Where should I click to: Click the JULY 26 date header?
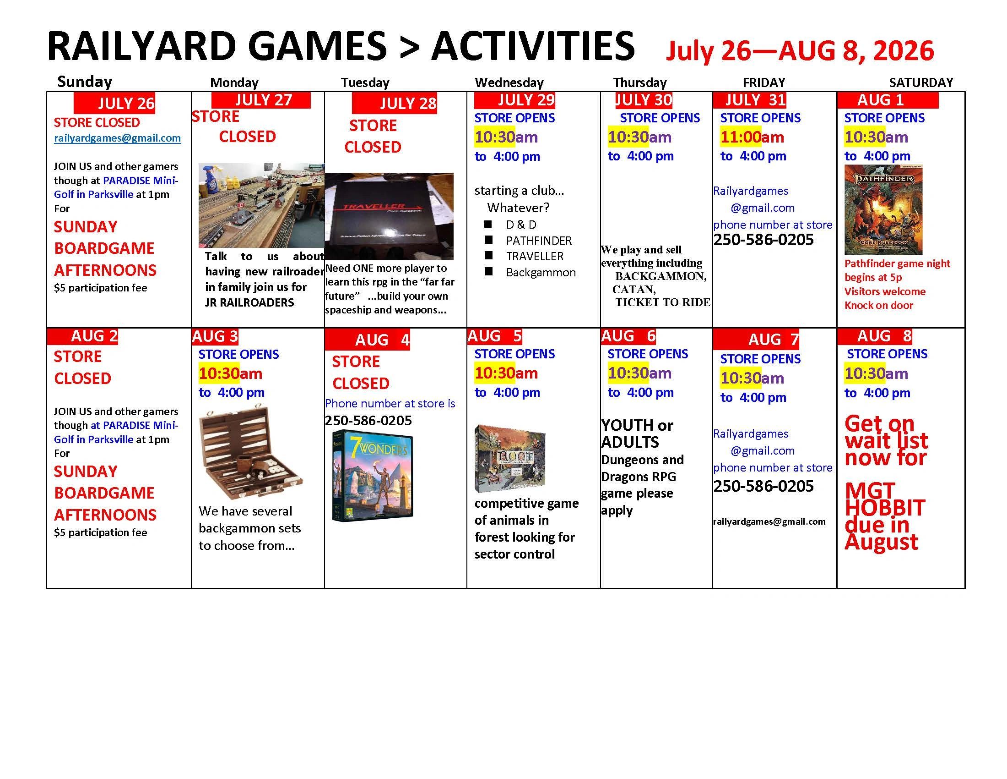coord(114,103)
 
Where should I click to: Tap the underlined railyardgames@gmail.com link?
coord(117,138)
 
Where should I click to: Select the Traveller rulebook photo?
coord(389,216)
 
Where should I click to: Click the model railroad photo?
coord(261,205)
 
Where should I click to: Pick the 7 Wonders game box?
coord(373,476)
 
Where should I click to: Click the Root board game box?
coord(510,459)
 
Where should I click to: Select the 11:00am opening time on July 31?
coord(752,137)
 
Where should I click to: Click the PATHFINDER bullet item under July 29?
coord(539,241)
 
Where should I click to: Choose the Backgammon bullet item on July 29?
coord(541,272)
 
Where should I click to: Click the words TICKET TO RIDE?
coord(663,302)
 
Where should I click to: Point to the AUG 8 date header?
coord(875,336)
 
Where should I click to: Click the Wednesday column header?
coord(509,82)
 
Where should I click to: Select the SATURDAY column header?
coord(921,82)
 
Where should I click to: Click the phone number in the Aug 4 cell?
coord(368,420)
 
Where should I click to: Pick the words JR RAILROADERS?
coord(249,303)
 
